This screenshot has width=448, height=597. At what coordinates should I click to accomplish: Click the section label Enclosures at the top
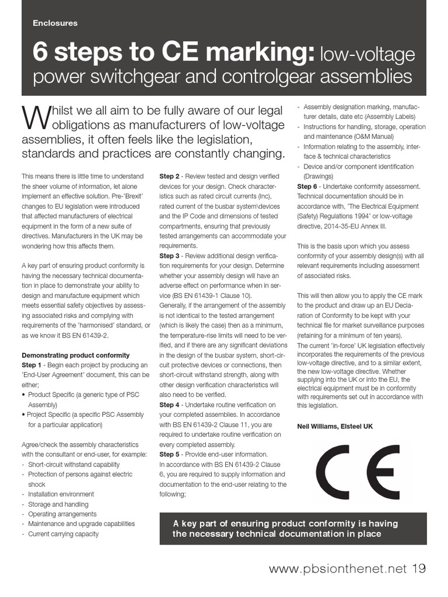point(55,23)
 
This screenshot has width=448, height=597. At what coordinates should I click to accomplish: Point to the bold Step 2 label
point(170,176)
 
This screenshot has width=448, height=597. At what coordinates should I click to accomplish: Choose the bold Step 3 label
point(170,256)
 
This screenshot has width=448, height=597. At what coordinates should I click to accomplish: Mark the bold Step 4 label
point(170,405)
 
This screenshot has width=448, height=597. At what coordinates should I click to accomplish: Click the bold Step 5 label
point(170,454)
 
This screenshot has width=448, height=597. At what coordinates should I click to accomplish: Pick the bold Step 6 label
point(307,186)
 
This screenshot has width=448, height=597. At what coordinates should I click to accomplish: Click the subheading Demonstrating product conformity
point(75,355)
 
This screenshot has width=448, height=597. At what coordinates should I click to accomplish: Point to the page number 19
point(419,568)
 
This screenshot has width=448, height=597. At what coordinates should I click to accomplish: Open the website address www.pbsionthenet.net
point(338,569)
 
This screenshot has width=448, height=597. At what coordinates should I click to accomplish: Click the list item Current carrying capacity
point(63,533)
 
